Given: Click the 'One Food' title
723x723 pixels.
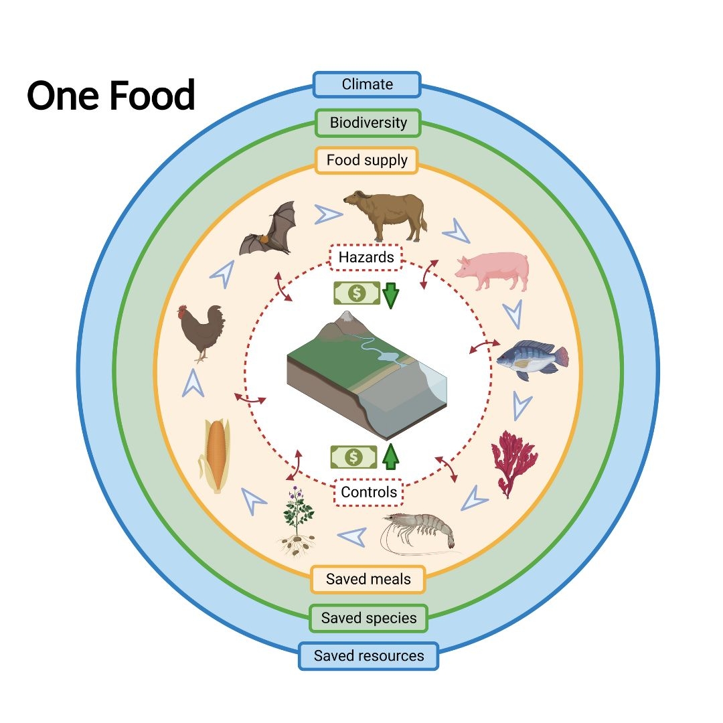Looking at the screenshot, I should pos(111,96).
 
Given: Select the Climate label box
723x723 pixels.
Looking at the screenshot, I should pos(367,85).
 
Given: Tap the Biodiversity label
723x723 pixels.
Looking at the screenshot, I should pos(368,123).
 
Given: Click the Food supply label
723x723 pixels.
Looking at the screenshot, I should pos(366,161).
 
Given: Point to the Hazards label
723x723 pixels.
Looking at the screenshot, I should pos(366,257).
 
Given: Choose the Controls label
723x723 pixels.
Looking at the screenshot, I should pos(369,493).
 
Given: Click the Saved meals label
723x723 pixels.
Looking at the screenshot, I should pos(368,579).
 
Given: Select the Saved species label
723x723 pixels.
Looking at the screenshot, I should pos(369,618).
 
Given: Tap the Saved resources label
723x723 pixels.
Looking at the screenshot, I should pos(369,656).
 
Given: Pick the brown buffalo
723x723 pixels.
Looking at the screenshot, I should pos(385,214).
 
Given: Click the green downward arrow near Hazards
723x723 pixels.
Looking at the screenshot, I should pos(390,295).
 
